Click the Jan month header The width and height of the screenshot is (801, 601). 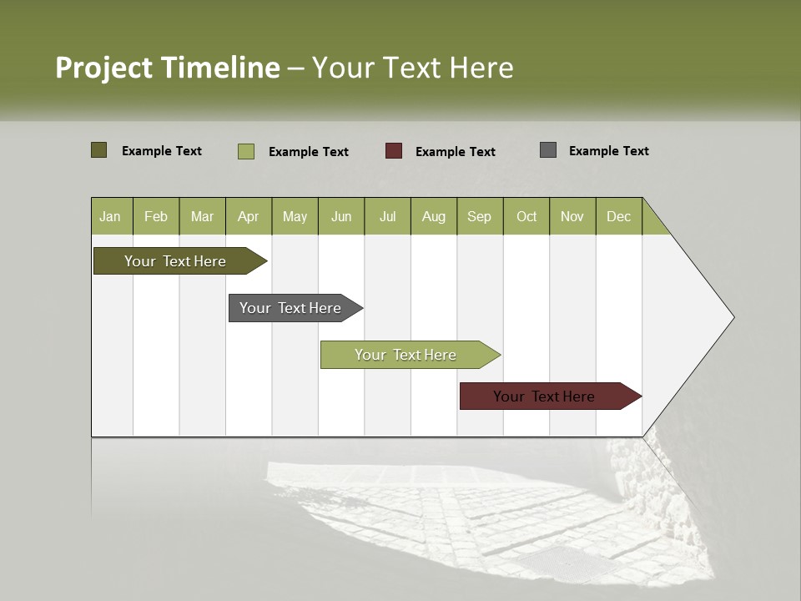click(x=111, y=216)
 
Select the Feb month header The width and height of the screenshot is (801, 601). click(x=156, y=216)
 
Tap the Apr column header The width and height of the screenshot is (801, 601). click(x=249, y=216)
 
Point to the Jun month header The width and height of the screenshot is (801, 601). click(x=341, y=216)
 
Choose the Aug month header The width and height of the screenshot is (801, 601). click(x=434, y=216)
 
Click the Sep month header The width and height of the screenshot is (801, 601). click(x=480, y=216)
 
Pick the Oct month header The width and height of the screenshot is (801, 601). click(x=526, y=216)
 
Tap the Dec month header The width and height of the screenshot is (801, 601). click(x=619, y=216)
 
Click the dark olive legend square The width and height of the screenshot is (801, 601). click(x=99, y=150)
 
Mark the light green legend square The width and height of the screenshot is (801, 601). click(x=246, y=151)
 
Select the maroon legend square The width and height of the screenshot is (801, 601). click(x=394, y=151)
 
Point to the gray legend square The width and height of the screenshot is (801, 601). click(x=548, y=150)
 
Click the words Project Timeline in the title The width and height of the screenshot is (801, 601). click(x=168, y=68)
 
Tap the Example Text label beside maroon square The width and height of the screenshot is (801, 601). click(x=456, y=152)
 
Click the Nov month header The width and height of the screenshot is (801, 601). click(x=572, y=216)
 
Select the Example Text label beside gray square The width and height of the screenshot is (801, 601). click(x=609, y=151)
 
